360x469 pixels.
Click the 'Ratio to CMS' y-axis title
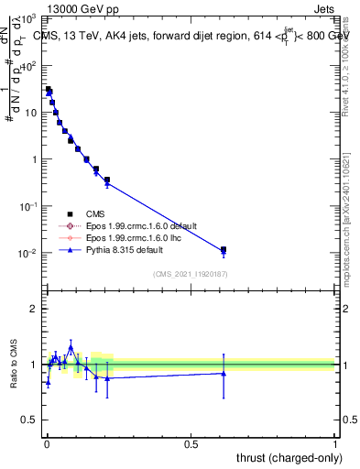pyautogui.click(x=16, y=365)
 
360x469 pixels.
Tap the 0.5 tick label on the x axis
pyautogui.click(x=191, y=443)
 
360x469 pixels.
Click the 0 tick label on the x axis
pyautogui.click(x=47, y=443)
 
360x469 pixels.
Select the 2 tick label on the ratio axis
pyautogui.click(x=33, y=309)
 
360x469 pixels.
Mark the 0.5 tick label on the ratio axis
pyautogui.click(x=29, y=420)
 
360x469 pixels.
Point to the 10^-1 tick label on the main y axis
pyautogui.click(x=27, y=206)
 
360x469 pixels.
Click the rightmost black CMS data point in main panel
pyautogui.click(x=224, y=249)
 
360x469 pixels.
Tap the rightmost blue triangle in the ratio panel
pyautogui.click(x=224, y=373)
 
